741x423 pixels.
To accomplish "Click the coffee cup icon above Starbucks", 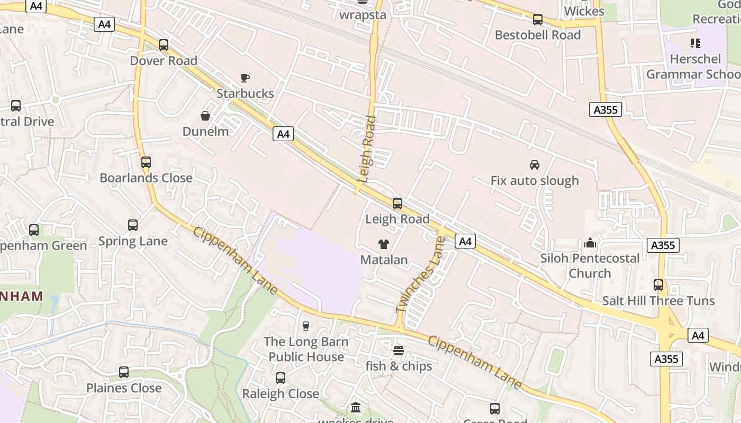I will coord(245,78).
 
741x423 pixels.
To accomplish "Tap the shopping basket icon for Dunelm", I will coord(205,116).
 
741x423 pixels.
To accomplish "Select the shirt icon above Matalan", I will coord(384,244).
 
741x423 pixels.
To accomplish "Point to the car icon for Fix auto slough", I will coord(535,165).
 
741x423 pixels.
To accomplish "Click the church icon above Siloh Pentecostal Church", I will coord(590,243).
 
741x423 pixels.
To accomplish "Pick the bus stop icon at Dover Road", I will coord(164,45).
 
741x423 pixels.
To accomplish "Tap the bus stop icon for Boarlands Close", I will coord(146,162).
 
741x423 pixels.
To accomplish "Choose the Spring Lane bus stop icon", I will coord(133,225).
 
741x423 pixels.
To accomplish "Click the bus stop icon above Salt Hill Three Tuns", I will coord(658,285).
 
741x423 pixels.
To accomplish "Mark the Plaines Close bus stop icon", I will coord(124,372).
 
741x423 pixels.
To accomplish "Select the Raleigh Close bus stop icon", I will coord(281,378).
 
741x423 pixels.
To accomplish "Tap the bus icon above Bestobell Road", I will coord(538,20).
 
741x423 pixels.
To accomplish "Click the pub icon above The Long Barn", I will coord(306,326).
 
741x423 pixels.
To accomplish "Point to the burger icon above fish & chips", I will coord(399,351).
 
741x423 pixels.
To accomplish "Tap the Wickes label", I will coord(584,11).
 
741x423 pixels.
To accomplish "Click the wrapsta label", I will coord(363,14).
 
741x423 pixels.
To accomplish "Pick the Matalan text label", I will coord(384,260).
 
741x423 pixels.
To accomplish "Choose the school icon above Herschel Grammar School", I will coord(695,43).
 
